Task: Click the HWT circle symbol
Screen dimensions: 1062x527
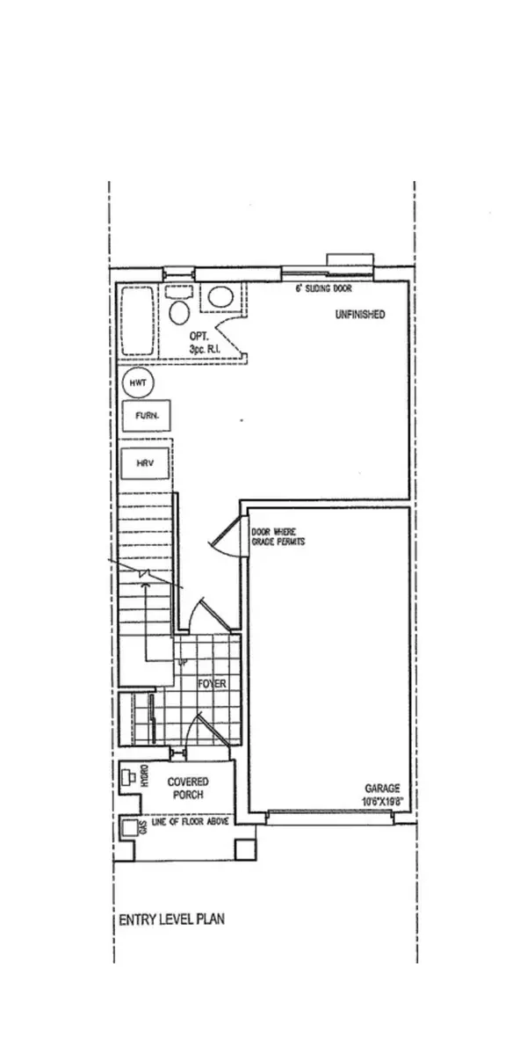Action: click(137, 383)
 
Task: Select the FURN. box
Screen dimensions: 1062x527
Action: click(146, 415)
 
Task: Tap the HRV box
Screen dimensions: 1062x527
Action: click(145, 462)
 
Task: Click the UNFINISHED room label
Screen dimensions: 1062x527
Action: click(359, 315)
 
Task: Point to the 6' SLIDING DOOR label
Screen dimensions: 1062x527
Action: click(321, 287)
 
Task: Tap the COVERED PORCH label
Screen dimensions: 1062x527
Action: click(185, 788)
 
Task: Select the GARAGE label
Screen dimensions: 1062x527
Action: click(384, 789)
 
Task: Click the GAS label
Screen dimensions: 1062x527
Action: click(142, 827)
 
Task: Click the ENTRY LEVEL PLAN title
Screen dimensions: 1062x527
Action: click(171, 920)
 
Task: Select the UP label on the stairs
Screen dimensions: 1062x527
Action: click(183, 662)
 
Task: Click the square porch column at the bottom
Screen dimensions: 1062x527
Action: click(245, 849)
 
